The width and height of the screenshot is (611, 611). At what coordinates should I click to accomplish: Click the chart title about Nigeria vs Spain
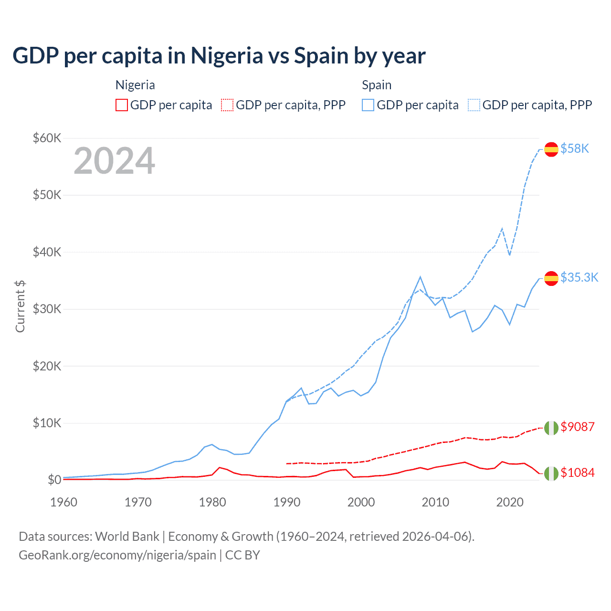pyautogui.click(x=219, y=56)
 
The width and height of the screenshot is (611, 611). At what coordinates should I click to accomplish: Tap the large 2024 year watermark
pyautogui.click(x=114, y=161)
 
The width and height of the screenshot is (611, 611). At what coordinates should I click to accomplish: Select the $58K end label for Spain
pyautogui.click(x=575, y=148)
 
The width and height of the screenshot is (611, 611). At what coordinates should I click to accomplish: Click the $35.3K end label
pyautogui.click(x=579, y=277)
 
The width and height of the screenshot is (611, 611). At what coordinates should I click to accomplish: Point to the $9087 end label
pyautogui.click(x=577, y=427)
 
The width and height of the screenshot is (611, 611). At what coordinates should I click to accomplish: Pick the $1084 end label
pyautogui.click(x=577, y=473)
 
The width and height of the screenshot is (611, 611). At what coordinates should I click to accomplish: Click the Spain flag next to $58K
pyautogui.click(x=551, y=149)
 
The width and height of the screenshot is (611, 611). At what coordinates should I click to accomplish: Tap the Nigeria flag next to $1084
pyautogui.click(x=551, y=473)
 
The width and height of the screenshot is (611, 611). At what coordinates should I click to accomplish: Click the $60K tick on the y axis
pyautogui.click(x=47, y=138)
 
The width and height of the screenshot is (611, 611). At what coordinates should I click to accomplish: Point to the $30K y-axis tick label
pyautogui.click(x=47, y=309)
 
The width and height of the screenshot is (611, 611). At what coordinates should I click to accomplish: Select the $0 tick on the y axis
pyautogui.click(x=54, y=480)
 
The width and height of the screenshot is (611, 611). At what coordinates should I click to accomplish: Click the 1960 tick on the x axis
pyautogui.click(x=63, y=502)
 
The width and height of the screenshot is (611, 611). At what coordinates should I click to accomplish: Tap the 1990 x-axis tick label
pyautogui.click(x=287, y=502)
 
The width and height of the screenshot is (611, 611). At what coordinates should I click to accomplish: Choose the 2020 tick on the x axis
pyautogui.click(x=510, y=502)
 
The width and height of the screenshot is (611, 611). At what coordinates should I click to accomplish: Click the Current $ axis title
pyautogui.click(x=20, y=306)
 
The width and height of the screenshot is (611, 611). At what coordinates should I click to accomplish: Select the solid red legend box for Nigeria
pyautogui.click(x=122, y=105)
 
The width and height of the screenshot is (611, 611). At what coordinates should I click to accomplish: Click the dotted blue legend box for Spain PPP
pyautogui.click(x=474, y=105)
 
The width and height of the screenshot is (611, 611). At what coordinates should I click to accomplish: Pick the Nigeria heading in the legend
pyautogui.click(x=135, y=85)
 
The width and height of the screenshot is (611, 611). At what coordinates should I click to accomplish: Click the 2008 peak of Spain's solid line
pyautogui.click(x=420, y=277)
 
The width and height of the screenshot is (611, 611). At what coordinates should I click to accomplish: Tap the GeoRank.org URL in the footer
pyautogui.click(x=117, y=555)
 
